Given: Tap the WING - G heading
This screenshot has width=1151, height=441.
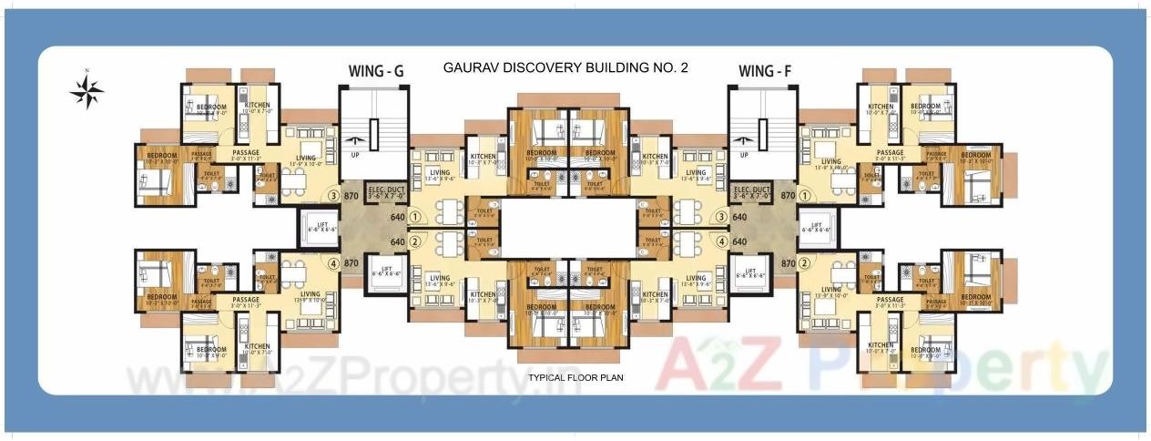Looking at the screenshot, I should click(x=378, y=71).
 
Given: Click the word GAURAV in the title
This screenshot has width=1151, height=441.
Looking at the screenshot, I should click(x=471, y=67).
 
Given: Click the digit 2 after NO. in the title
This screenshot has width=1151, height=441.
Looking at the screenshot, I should click(x=684, y=67).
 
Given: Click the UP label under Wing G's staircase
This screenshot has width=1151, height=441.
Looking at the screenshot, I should click(x=354, y=155).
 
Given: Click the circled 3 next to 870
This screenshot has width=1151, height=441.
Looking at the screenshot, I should click(x=333, y=196).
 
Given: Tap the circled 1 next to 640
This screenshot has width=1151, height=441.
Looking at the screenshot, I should click(x=415, y=218).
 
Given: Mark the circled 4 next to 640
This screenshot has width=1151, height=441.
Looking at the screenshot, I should click(x=721, y=241).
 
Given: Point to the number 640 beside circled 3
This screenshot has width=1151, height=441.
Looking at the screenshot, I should click(x=739, y=218).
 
